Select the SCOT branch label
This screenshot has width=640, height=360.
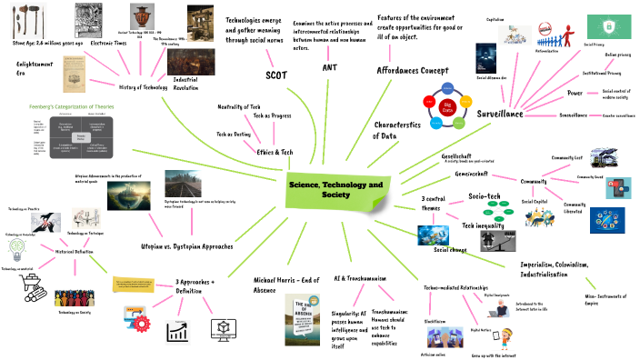click(275, 75)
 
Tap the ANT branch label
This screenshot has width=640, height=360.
click(329, 67)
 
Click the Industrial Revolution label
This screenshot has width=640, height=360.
click(185, 85)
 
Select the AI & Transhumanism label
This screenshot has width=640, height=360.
click(361, 277)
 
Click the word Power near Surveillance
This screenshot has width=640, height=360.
click(575, 93)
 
